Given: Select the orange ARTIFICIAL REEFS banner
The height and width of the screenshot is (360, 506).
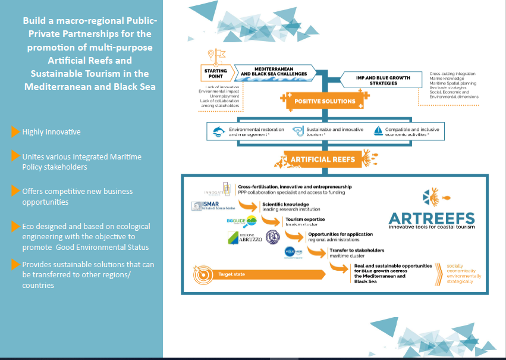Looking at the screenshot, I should click(x=322, y=159).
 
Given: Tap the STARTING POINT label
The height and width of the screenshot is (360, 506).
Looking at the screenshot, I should click(x=215, y=74).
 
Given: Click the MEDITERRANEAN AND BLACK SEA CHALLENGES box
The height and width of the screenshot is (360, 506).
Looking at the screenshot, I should click(x=274, y=73).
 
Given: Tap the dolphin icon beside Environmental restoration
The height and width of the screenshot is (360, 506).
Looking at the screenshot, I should click(x=219, y=132).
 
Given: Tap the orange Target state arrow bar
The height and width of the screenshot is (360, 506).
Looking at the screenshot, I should click(x=274, y=274).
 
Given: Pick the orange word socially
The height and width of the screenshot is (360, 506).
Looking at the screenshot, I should click(x=455, y=266).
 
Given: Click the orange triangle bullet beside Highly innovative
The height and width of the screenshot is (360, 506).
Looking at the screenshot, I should click(x=15, y=132).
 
